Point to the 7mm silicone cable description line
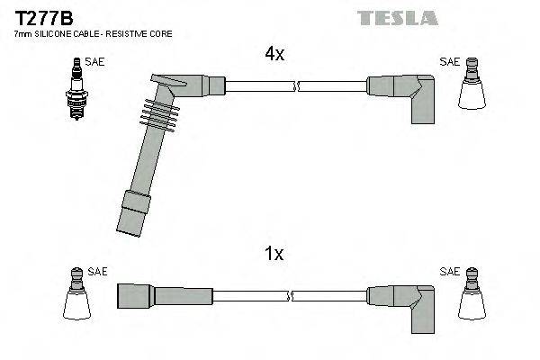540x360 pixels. [x=93, y=33]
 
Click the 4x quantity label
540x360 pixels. [x=274, y=54]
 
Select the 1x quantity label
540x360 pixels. [x=274, y=255]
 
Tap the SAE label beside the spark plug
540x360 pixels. [x=94, y=63]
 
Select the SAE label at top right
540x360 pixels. [x=449, y=62]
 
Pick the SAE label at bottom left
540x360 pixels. [x=98, y=271]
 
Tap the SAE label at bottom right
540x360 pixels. [x=449, y=271]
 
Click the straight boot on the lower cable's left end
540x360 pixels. [x=145, y=296]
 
